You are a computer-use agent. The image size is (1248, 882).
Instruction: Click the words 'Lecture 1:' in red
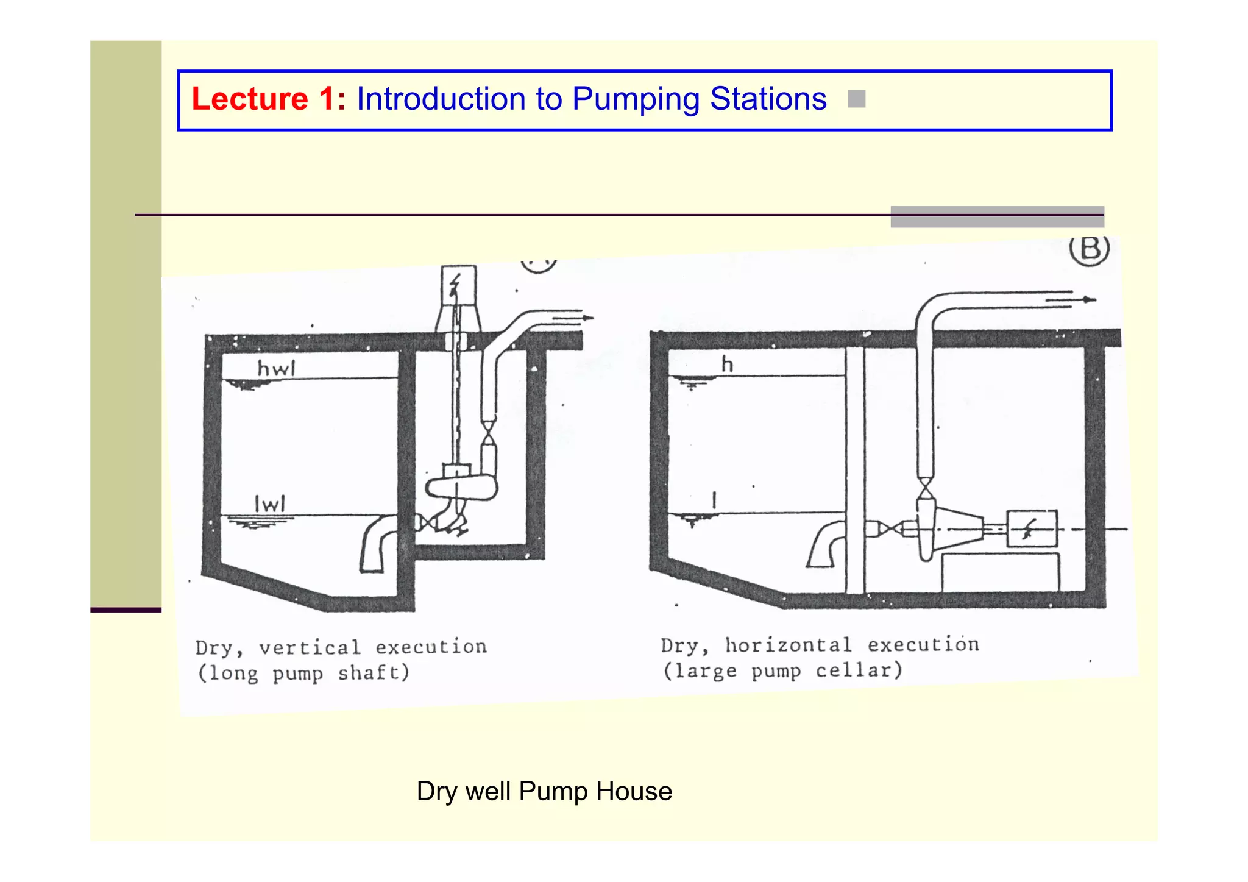point(268,99)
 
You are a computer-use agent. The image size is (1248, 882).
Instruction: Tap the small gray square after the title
point(856,99)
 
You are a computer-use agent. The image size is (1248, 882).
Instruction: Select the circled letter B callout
point(1090,249)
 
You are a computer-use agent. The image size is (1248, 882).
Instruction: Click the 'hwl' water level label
point(276,368)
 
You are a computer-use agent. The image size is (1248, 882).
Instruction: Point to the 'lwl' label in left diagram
point(269,503)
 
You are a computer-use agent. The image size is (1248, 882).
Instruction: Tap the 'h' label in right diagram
point(727,365)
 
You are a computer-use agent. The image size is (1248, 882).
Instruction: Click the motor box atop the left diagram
point(458,285)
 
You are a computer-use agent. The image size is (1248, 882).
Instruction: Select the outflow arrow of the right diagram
point(1072,300)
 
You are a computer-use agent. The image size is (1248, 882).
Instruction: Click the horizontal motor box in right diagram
point(1031,528)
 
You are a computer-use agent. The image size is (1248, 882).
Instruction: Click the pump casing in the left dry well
point(461,487)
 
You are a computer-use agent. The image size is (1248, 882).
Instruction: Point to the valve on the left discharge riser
point(489,433)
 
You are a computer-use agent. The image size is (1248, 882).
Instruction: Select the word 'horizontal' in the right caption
point(788,644)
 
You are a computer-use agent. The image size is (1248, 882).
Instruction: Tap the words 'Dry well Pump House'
point(544,791)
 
